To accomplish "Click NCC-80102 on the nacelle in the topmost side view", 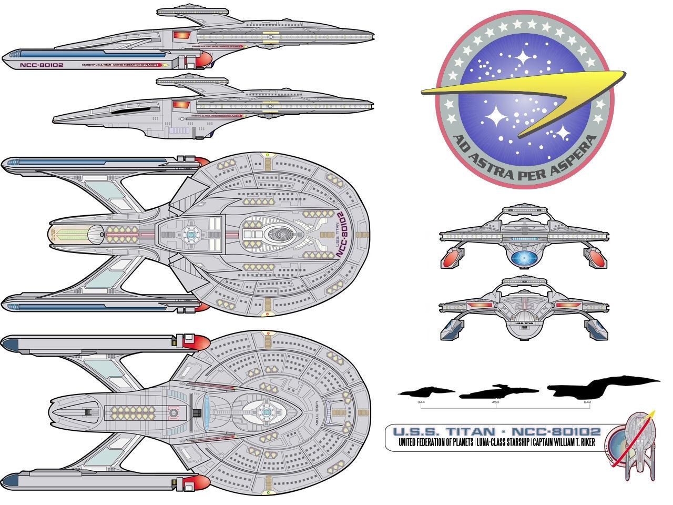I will (x=41, y=66).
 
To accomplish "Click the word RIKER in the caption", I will (x=584, y=442).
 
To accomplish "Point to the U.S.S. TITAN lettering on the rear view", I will (x=523, y=323).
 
